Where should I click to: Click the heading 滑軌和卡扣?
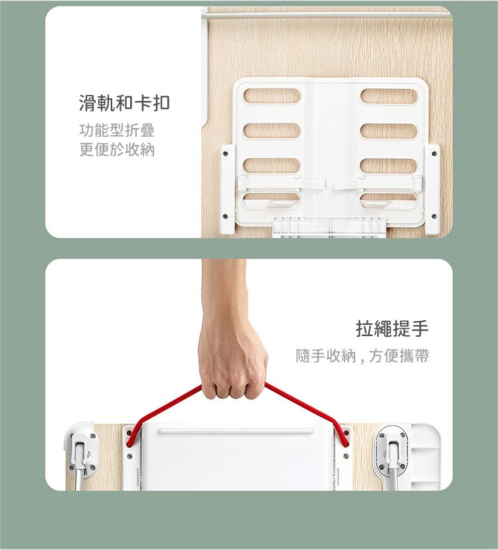[124, 104]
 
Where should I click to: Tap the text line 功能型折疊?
[117, 130]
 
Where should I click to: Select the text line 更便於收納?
[117, 149]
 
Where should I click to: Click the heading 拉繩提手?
[392, 329]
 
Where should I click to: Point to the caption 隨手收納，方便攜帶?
[363, 356]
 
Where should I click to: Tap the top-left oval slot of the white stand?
[272, 96]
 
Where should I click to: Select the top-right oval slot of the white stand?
[389, 96]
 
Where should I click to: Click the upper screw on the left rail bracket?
[225, 153]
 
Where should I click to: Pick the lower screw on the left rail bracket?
[225, 217]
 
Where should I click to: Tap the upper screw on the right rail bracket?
[434, 153]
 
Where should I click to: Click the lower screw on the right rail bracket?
[434, 216]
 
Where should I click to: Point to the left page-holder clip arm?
[282, 183]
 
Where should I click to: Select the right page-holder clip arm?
[378, 183]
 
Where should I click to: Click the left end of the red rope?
[129, 444]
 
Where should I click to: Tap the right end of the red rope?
[347, 444]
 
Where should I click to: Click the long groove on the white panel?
[237, 430]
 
